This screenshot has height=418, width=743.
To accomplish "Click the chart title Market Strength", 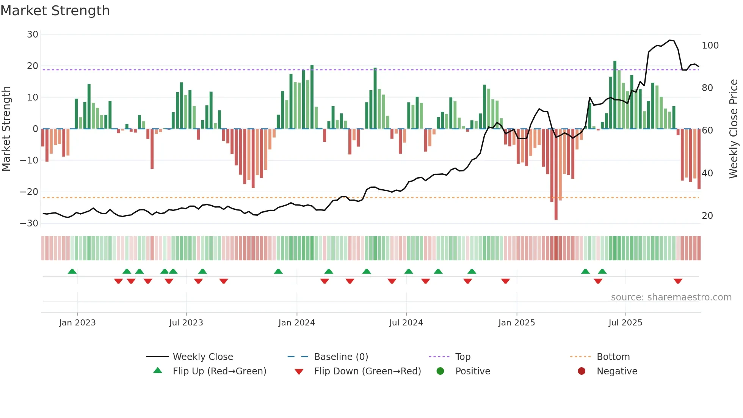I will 55,11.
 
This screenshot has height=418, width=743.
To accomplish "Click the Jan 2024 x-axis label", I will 296,323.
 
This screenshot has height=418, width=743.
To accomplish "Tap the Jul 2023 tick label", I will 186,323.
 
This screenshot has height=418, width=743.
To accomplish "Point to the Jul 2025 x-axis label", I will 625,323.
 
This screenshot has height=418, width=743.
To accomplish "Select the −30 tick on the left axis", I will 29,223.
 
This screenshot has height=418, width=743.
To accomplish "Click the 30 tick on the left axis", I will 33,35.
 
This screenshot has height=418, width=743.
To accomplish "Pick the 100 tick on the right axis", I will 710,46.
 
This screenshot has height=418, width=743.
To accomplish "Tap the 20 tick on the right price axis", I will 707,216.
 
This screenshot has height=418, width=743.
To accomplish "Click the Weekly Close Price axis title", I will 734,129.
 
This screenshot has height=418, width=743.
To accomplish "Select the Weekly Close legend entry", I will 202,357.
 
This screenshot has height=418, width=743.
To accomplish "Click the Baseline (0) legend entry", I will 341,357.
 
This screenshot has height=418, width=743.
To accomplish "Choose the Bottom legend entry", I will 613,357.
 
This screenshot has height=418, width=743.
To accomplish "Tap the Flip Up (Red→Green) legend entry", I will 219,371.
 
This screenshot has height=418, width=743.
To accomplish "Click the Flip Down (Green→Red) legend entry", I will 367,371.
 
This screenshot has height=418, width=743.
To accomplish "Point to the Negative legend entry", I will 617,371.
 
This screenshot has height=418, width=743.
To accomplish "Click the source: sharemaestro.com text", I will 671,297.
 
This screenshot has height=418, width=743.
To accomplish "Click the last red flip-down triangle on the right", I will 678,281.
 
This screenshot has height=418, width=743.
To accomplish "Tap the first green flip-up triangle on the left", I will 72,271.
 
